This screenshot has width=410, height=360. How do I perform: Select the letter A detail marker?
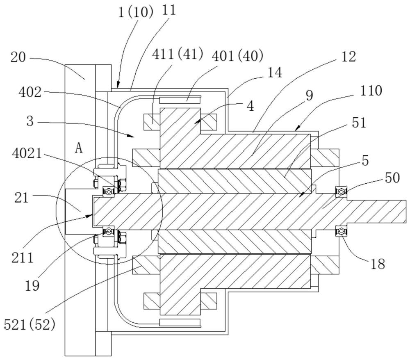point(79,148)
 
